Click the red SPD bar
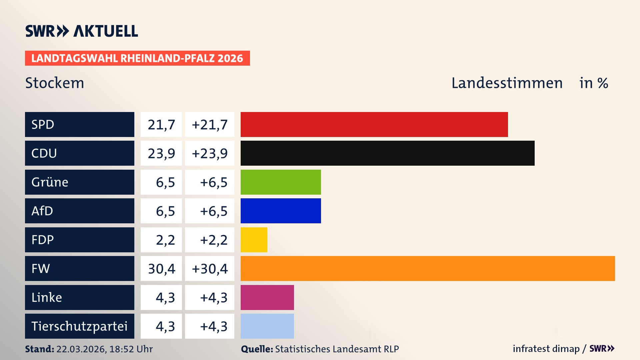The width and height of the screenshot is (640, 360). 374,124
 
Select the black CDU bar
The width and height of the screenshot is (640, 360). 387,153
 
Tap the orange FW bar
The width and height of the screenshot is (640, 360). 428,268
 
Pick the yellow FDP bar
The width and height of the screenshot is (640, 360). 254,240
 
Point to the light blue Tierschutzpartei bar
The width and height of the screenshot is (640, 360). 267,326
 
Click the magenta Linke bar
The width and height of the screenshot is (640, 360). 267,297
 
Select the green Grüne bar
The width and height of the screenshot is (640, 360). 281,182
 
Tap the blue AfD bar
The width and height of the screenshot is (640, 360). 281,211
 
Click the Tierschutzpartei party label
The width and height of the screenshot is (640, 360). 79,326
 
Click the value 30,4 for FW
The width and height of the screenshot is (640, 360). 161,269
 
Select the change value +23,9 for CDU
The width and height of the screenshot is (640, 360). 210,153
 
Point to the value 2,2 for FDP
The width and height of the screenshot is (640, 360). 165,240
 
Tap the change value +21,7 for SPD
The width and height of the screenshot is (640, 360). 210,125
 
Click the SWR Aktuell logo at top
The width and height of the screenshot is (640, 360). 82,31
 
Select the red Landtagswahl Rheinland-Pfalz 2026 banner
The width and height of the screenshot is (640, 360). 137,58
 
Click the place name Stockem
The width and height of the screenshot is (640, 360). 55,83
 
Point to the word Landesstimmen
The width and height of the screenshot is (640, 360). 507,83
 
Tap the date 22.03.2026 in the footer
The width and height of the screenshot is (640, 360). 81,349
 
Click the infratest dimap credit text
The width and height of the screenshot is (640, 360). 546,349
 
